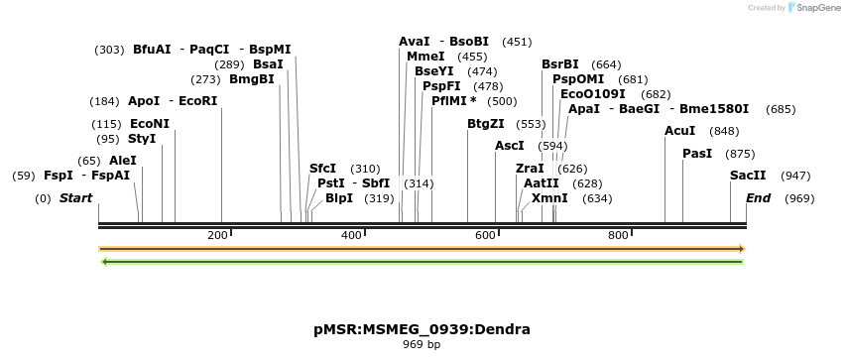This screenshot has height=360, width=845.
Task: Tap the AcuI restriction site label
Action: (x=679, y=131)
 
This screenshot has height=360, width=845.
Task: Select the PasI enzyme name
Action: (x=697, y=154)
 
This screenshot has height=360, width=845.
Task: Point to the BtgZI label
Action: (x=486, y=124)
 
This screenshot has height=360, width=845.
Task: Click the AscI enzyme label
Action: (x=509, y=146)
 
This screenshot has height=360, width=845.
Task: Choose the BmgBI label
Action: (x=252, y=79)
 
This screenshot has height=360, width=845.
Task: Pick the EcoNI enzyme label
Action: (x=150, y=124)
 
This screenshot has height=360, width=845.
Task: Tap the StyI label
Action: (x=142, y=139)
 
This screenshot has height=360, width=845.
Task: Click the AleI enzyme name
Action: (x=123, y=161)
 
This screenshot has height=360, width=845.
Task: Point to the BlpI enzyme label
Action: (x=338, y=198)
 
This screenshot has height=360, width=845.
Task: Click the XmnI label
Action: (x=549, y=198)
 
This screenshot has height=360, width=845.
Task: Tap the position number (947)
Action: (x=795, y=176)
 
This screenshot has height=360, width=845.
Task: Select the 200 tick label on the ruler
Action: (x=217, y=235)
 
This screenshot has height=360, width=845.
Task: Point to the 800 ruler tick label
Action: (x=618, y=235)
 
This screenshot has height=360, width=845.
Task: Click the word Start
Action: (x=75, y=198)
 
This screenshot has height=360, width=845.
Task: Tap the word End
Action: (x=758, y=198)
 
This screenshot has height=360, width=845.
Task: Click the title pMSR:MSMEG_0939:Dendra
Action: (x=422, y=329)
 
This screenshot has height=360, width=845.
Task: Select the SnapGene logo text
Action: (x=817, y=8)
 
